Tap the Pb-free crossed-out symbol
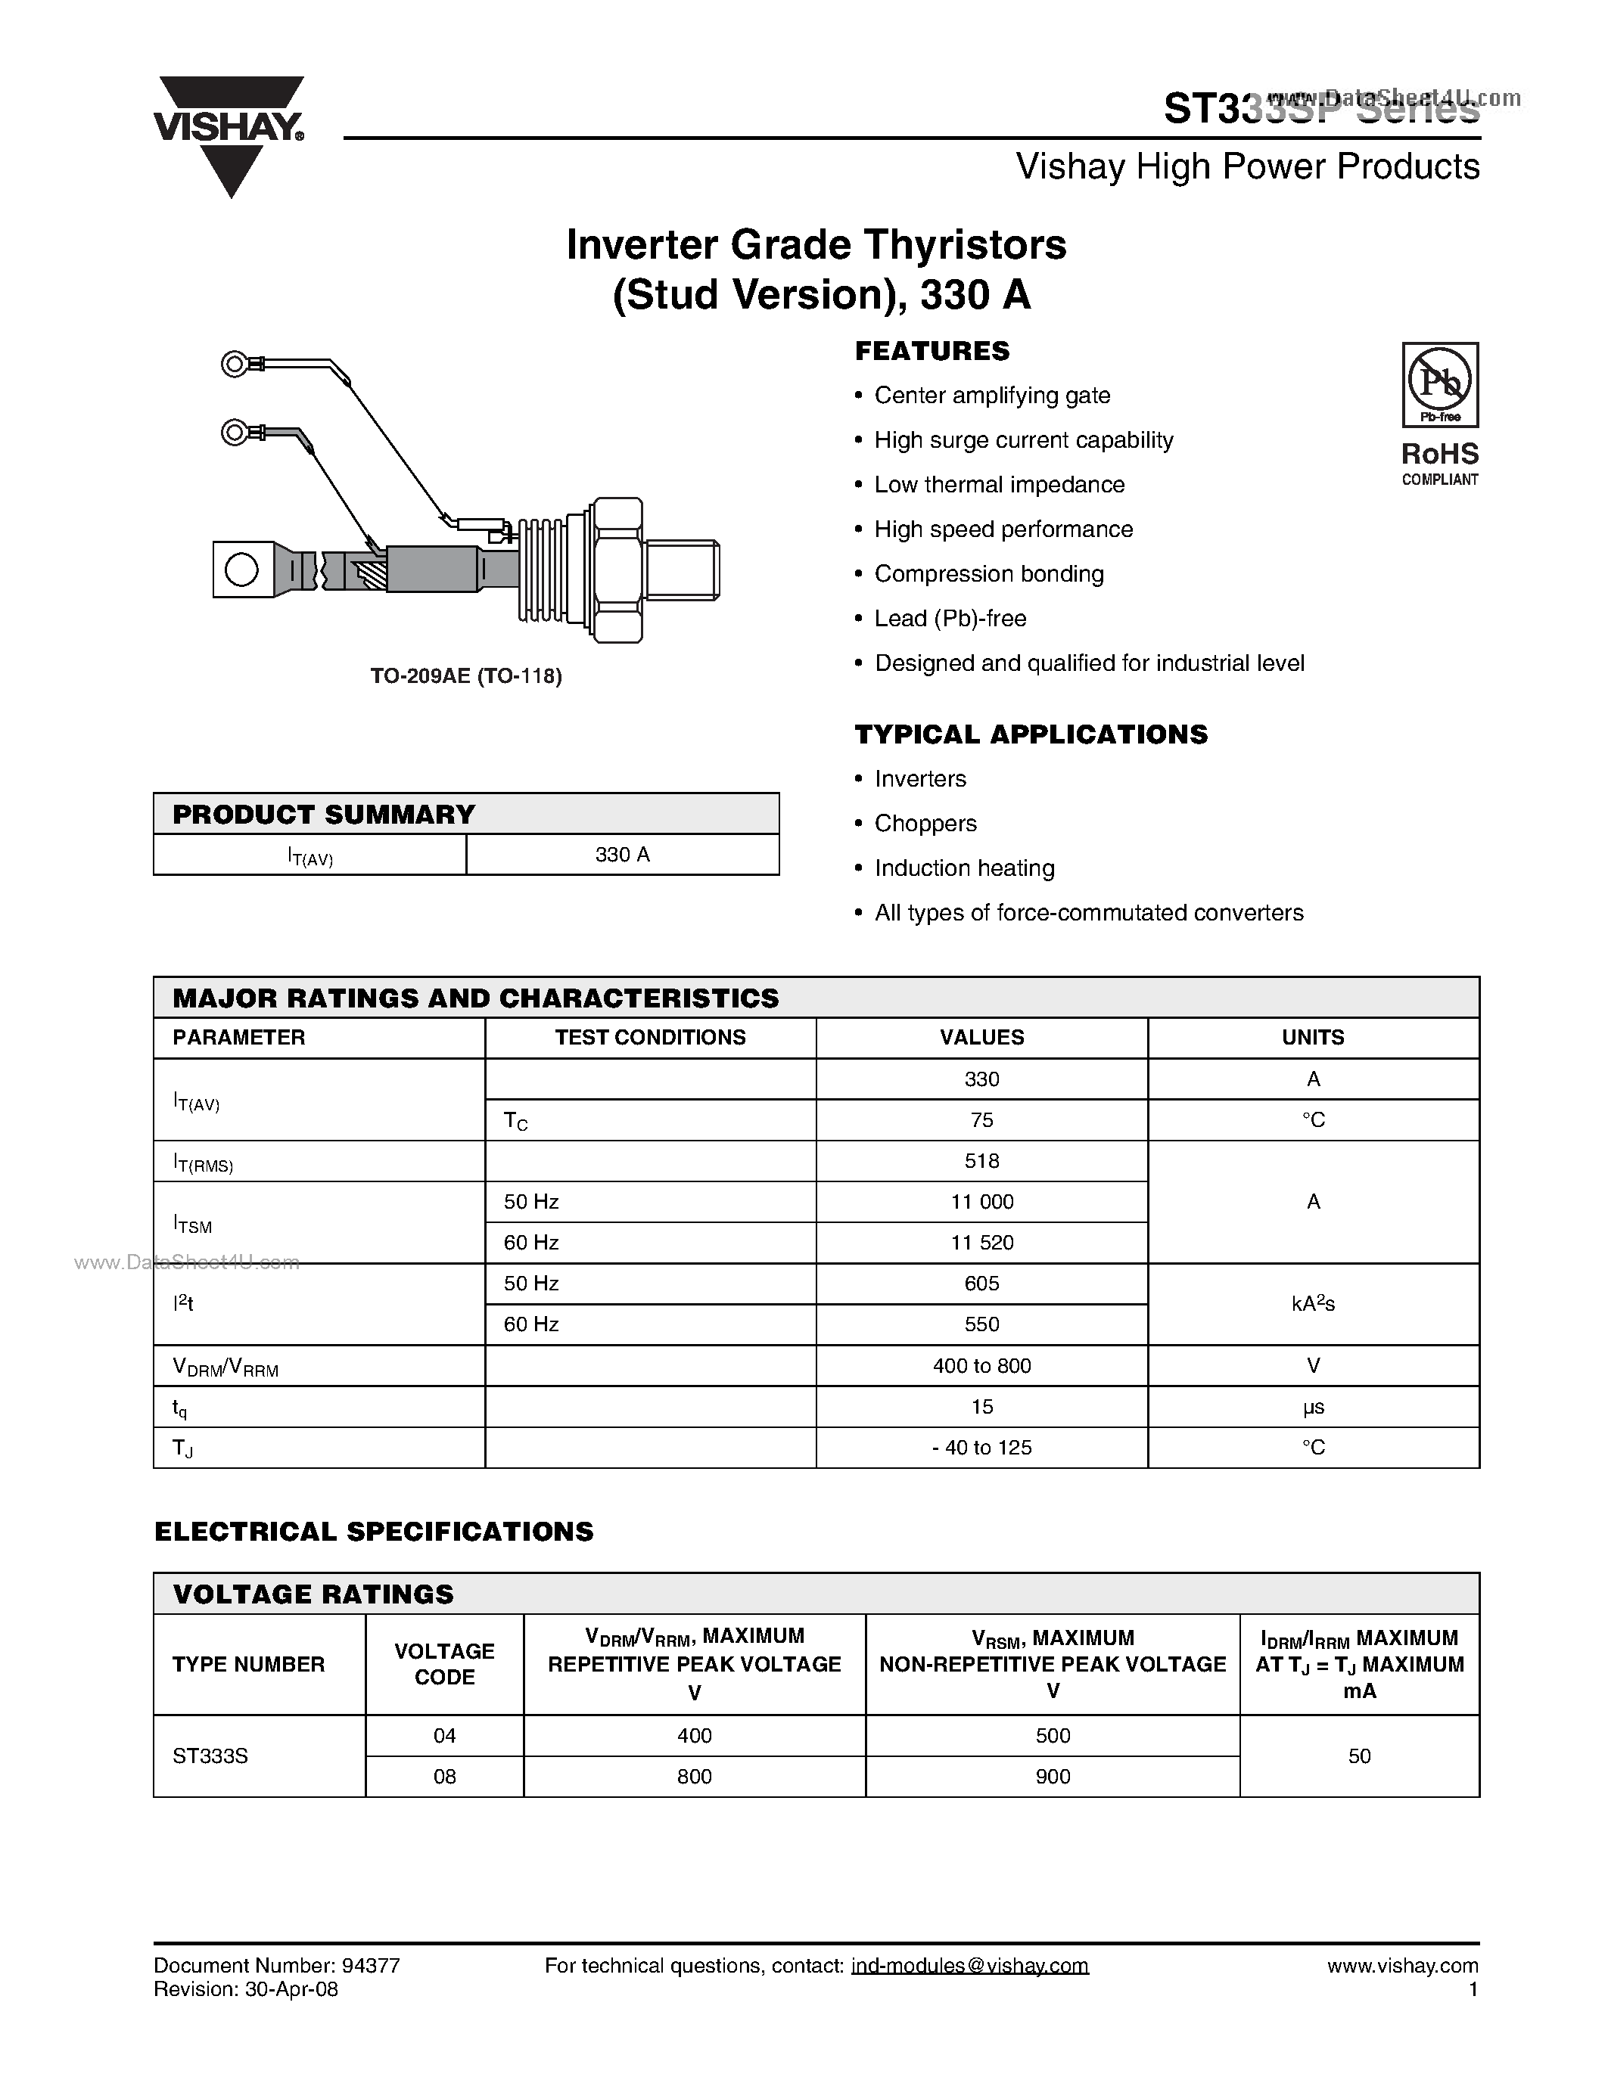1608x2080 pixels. coord(1439,381)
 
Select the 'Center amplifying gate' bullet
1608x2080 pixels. coord(992,396)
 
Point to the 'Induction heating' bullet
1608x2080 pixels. coord(964,868)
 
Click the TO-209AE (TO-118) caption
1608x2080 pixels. coord(466,676)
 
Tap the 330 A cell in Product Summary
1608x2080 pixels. coord(622,854)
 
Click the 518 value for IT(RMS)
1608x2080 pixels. coord(981,1161)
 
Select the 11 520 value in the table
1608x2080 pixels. coord(981,1243)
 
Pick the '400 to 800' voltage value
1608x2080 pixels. coord(981,1366)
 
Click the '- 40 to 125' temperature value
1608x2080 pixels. coord(981,1448)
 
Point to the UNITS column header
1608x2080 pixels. coord(1313,1037)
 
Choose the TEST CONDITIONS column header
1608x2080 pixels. coord(650,1037)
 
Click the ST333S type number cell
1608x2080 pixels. coord(210,1756)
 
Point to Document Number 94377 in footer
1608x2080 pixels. coord(276,1966)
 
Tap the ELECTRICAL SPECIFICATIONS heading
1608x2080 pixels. coord(373,1532)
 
